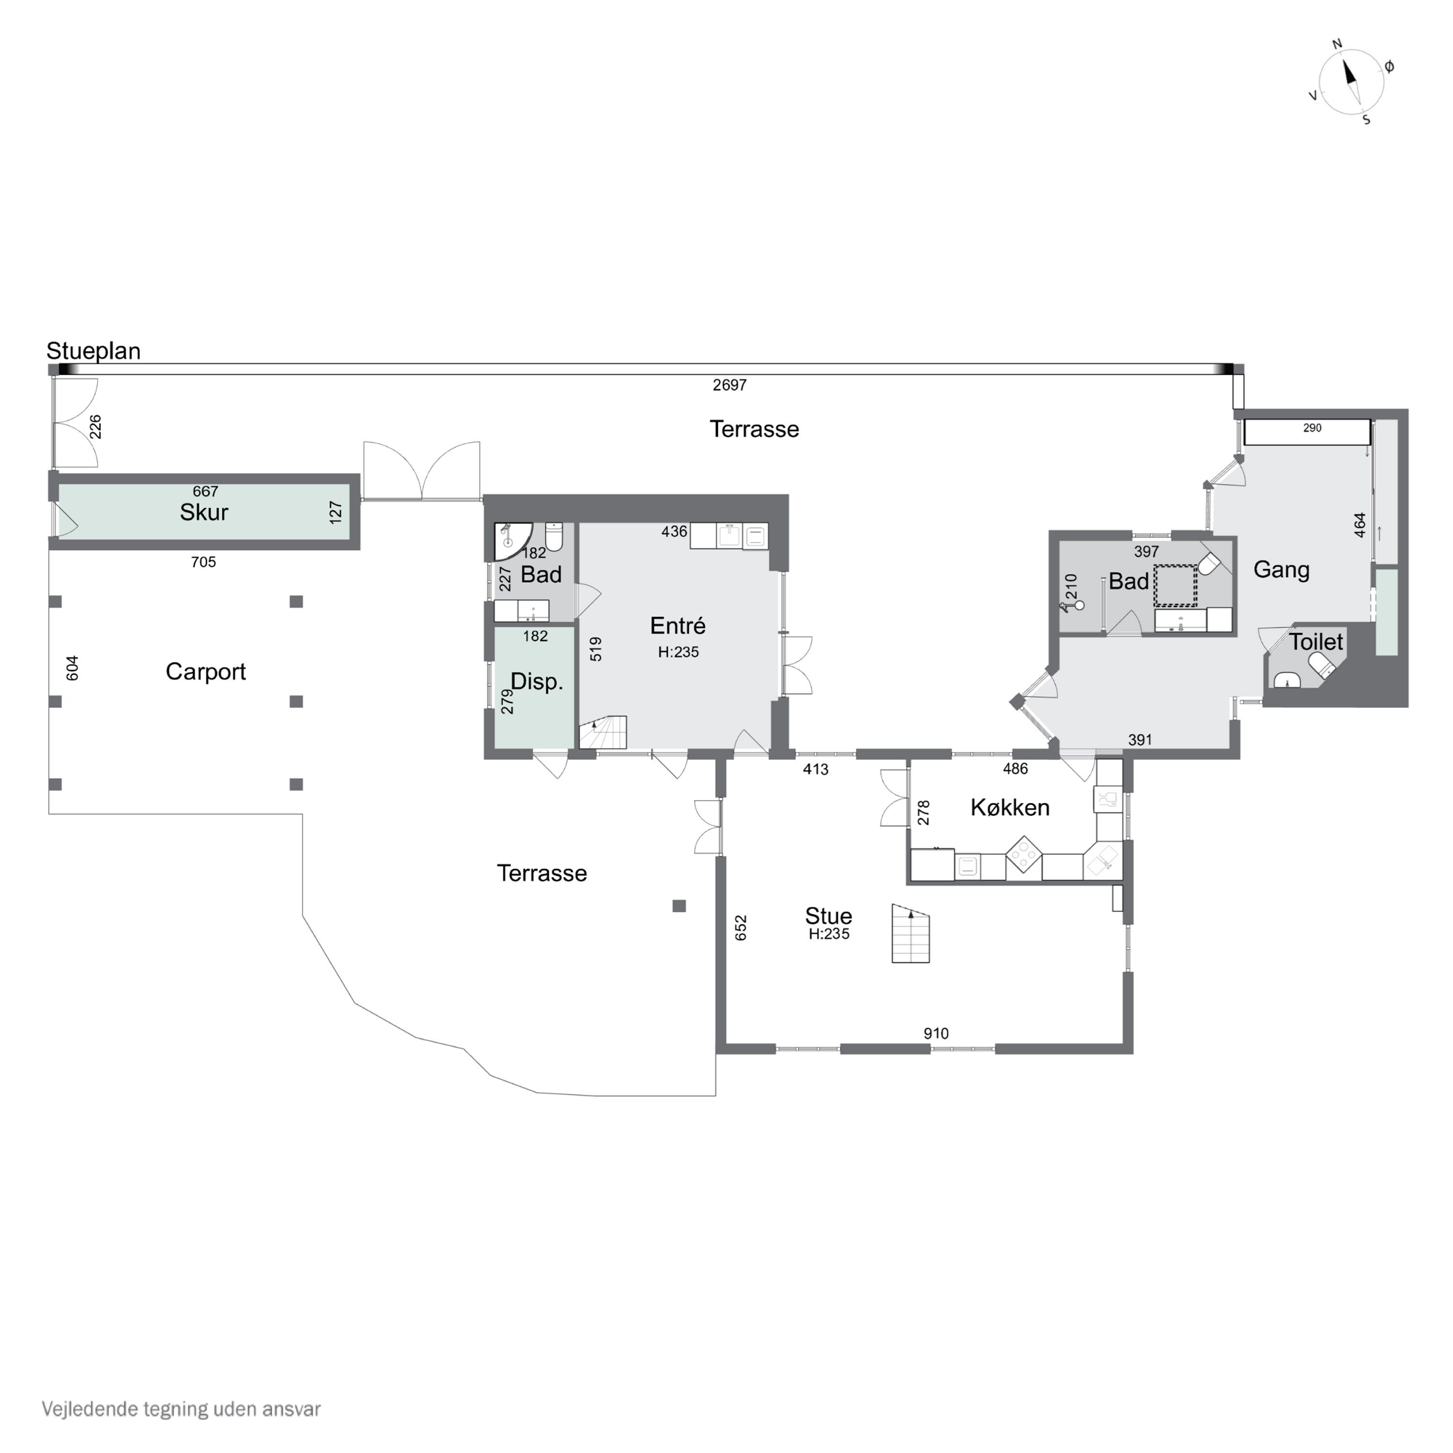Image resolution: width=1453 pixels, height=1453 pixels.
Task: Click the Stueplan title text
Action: [x=93, y=351]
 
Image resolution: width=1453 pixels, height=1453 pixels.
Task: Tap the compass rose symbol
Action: [x=1351, y=83]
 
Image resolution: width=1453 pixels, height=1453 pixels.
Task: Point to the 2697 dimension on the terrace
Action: [x=729, y=385]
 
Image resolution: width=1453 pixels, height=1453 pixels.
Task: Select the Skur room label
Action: [x=204, y=512]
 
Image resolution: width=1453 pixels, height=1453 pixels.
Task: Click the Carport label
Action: [x=205, y=672]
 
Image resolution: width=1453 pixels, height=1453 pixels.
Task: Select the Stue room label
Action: [x=828, y=915]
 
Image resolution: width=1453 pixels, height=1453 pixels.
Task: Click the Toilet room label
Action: [x=1316, y=642]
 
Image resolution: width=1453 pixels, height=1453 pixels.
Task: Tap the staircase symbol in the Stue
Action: [x=911, y=933]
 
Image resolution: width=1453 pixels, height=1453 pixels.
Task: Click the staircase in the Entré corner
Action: [x=603, y=732]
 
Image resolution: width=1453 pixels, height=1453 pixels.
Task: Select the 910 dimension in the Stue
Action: [x=936, y=1034]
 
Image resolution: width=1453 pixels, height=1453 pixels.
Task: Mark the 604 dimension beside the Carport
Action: [x=72, y=668]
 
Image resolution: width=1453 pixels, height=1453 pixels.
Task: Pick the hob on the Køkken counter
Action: [x=1023, y=854]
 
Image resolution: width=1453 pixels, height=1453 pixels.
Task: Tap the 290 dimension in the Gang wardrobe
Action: [x=1313, y=428]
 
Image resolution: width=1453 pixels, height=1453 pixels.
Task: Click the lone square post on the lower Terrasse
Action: [x=679, y=906]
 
